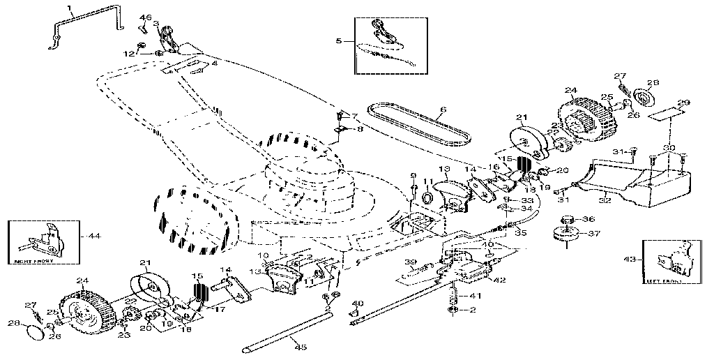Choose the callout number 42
pyautogui.click(x=500, y=280)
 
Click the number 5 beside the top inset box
pyautogui.click(x=340, y=41)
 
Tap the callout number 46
pyautogui.click(x=145, y=17)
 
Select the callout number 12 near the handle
pyautogui.click(x=129, y=54)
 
